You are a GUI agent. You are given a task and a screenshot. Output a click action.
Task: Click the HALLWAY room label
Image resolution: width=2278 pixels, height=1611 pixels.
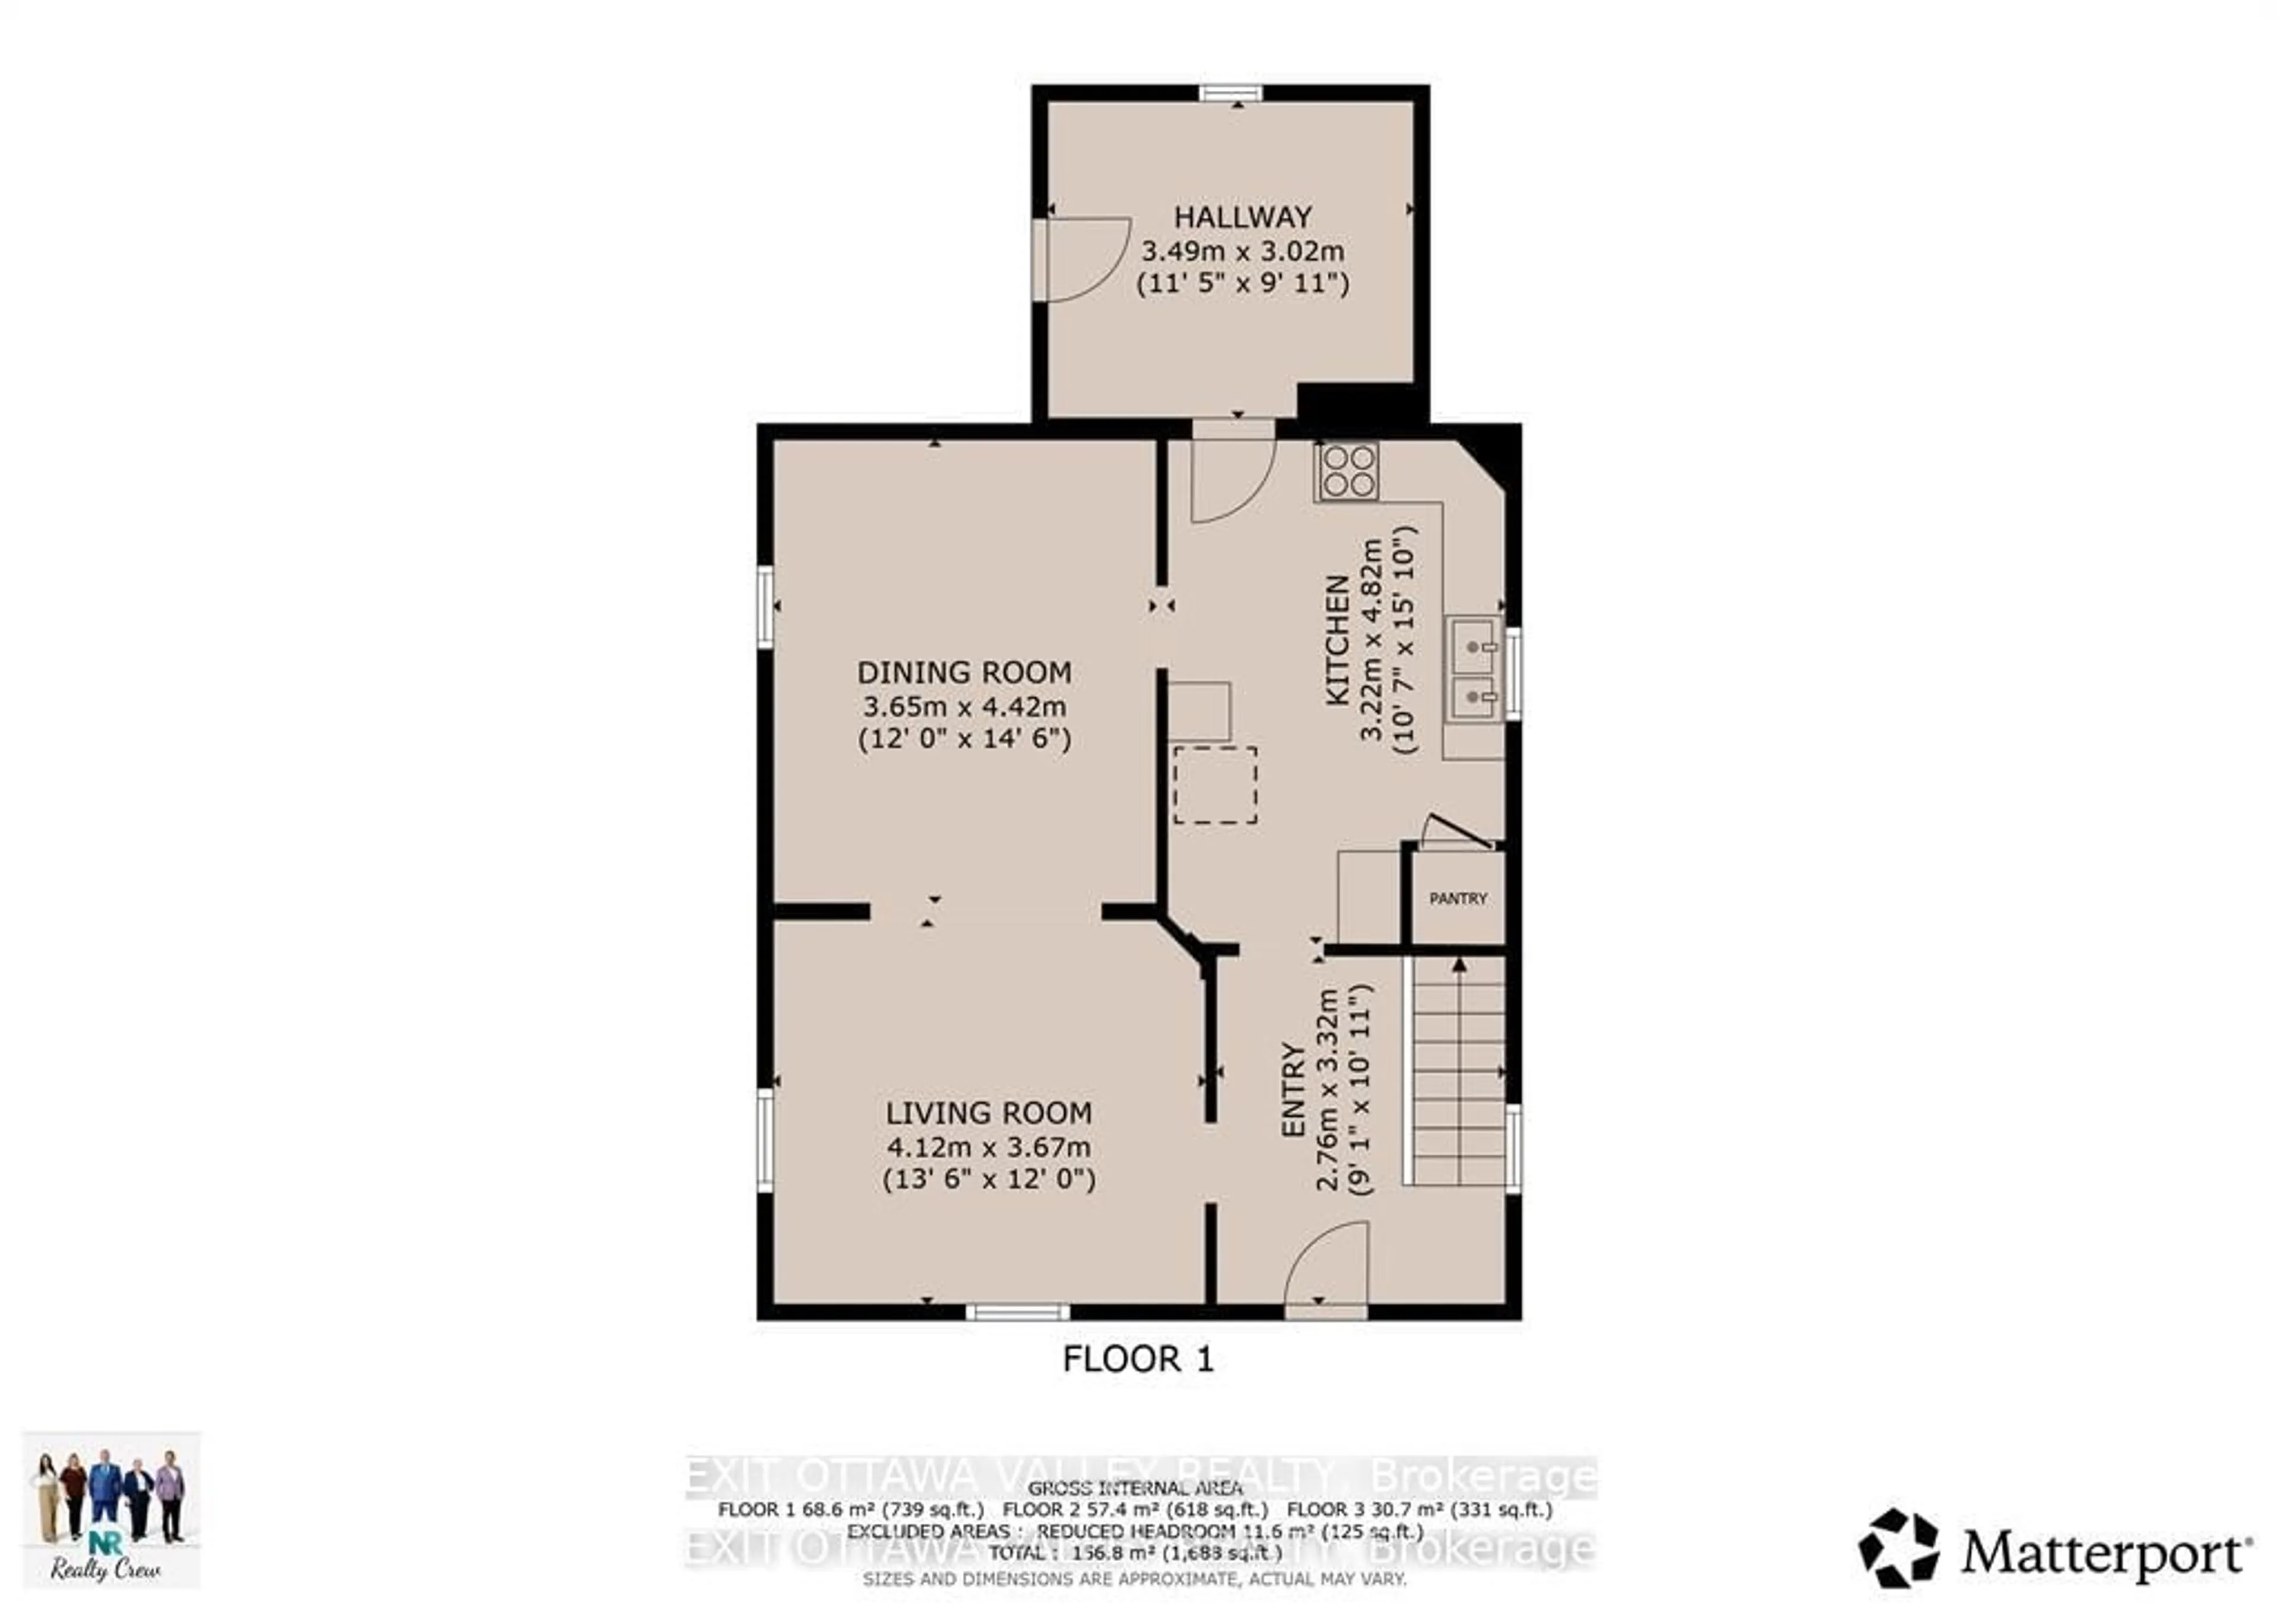[1242, 217]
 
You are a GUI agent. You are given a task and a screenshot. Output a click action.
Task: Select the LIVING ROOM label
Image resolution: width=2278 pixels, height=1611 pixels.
[988, 1113]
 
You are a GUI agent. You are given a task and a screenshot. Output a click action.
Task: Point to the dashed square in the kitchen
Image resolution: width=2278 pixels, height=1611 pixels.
[1214, 784]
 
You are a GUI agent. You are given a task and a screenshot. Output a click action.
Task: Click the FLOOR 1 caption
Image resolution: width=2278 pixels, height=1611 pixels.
[1137, 1359]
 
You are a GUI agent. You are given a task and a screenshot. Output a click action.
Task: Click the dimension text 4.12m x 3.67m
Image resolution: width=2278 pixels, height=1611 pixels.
[988, 1146]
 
